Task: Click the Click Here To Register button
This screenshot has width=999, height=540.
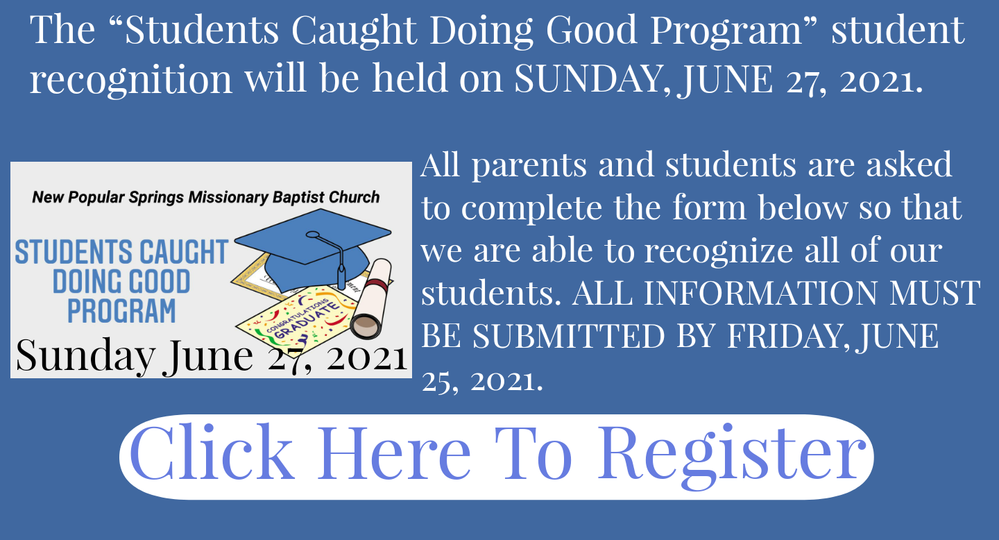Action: (x=496, y=457)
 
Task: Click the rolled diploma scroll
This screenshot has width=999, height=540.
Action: (x=371, y=299)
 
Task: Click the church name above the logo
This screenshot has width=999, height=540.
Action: (x=205, y=197)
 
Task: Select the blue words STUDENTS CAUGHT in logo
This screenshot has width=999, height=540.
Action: (x=122, y=252)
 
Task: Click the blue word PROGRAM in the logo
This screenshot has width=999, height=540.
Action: (x=121, y=311)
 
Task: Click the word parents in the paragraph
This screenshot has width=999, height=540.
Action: (x=529, y=166)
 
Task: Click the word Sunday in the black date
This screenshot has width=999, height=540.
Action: (x=85, y=356)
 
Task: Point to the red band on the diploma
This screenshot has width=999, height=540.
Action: (x=377, y=284)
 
